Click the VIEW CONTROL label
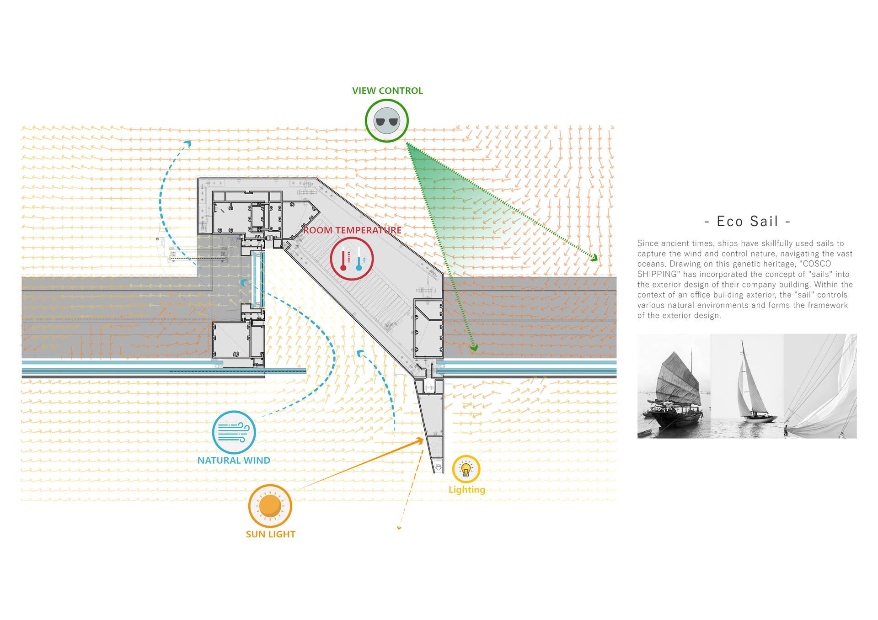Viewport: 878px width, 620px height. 387,90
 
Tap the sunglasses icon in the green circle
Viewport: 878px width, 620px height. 386,122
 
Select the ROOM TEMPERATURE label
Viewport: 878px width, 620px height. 352,230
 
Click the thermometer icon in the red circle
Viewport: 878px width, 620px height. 352,260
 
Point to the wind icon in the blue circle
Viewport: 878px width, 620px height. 234,432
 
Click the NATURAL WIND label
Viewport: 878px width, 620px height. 234,460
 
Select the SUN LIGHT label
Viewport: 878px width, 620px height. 271,534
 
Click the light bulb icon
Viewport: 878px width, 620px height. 466,469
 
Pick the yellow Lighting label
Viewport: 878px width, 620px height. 467,490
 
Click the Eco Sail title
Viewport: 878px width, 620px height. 747,221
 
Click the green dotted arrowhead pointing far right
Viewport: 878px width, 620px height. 594,258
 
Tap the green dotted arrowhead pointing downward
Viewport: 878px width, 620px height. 474,348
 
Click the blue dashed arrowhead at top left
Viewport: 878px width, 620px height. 187,144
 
